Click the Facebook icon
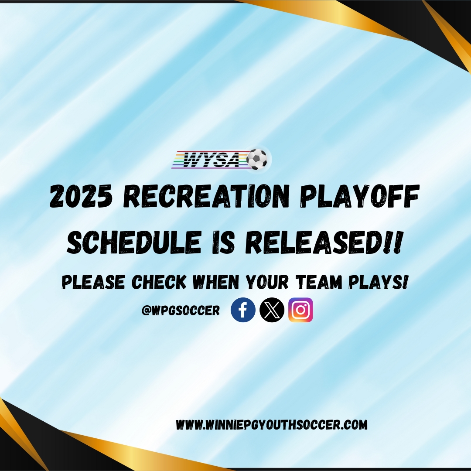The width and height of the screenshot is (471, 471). click(243, 310)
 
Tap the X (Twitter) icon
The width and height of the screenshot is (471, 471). click(272, 310)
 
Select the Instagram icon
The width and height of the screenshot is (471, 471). click(300, 310)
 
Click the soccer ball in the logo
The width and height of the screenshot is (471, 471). click(257, 159)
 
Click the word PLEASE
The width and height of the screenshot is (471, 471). click(93, 282)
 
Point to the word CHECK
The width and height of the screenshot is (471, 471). click(159, 282)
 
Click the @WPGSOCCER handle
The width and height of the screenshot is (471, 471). click(181, 311)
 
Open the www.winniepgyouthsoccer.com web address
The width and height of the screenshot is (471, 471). click(272, 425)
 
